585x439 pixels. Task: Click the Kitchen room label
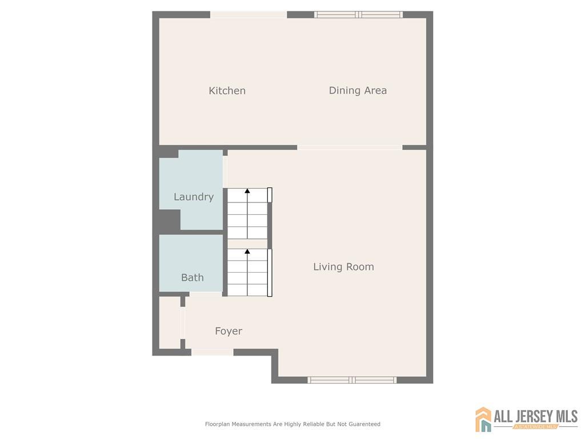(x=227, y=91)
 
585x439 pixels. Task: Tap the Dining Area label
(x=358, y=91)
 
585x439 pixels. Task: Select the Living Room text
(x=343, y=266)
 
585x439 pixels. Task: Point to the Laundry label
(x=194, y=197)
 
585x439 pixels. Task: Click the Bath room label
(x=192, y=277)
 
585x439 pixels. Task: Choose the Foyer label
(x=229, y=331)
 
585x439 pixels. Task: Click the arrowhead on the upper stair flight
(x=247, y=191)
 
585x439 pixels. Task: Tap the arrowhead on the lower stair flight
(x=247, y=252)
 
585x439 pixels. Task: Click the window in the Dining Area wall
(x=358, y=14)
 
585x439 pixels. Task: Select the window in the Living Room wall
(x=352, y=380)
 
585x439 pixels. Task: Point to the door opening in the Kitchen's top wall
(x=249, y=14)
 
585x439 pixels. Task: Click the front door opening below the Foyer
(x=213, y=352)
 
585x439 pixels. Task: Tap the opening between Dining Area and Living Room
(x=350, y=147)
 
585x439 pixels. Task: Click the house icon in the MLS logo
(x=483, y=419)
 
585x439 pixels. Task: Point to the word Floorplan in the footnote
(x=218, y=424)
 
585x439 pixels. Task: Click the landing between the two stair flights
(x=247, y=244)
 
